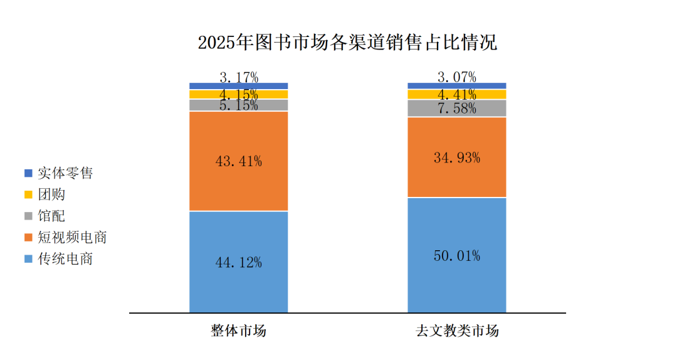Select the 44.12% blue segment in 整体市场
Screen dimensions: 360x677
238,289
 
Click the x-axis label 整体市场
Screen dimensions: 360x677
238,331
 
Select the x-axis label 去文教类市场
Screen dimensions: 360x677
457,331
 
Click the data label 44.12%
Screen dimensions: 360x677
238,263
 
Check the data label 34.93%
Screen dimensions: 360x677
456,158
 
